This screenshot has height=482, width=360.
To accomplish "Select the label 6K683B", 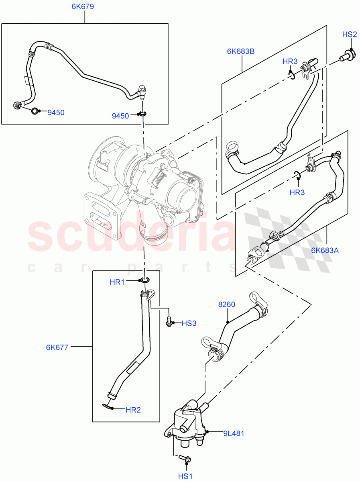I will (241, 51).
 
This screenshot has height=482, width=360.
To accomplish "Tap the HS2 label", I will (350, 35).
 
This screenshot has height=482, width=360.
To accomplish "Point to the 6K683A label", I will (325, 250).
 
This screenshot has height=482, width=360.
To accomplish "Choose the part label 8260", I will (227, 305).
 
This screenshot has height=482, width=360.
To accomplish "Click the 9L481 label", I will (234, 433).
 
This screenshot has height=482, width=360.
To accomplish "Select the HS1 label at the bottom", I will (186, 476).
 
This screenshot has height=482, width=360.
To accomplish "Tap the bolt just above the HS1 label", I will (185, 458).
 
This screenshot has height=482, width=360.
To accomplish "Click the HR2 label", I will (133, 410).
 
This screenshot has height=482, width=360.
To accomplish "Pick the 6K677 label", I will (57, 347).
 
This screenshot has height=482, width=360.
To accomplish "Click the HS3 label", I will (189, 323).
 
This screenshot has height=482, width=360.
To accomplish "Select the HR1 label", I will (117, 282).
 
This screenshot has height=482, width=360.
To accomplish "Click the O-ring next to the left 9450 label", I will (35, 111).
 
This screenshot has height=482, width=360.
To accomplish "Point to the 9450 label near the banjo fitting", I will (120, 116).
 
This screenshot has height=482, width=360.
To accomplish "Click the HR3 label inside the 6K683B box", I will (290, 61).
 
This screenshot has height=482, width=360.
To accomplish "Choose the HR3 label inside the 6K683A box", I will (297, 192).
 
